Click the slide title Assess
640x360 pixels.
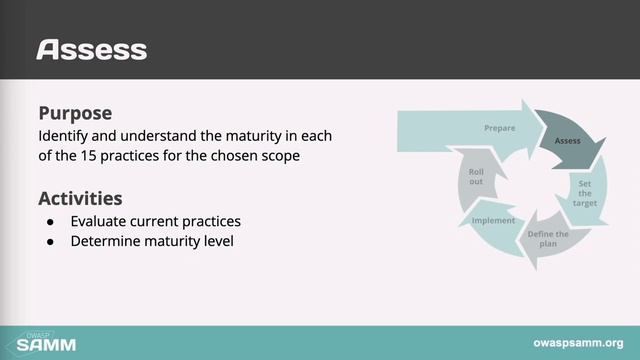click(x=91, y=49)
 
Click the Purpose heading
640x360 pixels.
click(x=75, y=114)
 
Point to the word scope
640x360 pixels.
click(x=279, y=156)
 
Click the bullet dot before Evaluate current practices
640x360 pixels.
click(x=50, y=221)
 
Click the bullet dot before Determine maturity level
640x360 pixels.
click(x=50, y=241)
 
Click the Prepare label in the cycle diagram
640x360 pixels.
click(x=499, y=129)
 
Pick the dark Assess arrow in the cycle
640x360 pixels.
click(x=568, y=141)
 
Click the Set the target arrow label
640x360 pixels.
click(x=585, y=193)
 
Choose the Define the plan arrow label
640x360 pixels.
click(x=547, y=239)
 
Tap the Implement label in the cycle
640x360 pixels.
click(x=493, y=221)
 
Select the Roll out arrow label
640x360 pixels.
click(x=476, y=177)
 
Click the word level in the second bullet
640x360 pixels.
click(x=216, y=241)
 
